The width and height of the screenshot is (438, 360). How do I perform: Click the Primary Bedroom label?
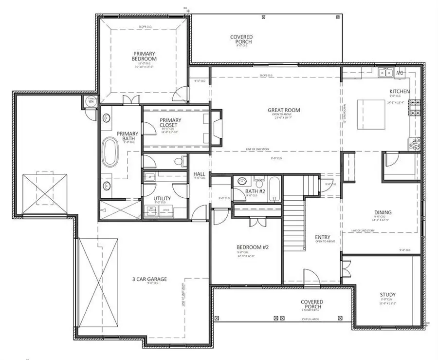(x=144, y=56)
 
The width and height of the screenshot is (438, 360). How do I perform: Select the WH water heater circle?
(x=91, y=101)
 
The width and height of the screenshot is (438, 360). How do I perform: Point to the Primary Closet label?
(x=170, y=123)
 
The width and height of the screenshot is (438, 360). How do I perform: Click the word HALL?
(x=199, y=173)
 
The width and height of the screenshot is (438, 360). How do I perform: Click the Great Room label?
(x=284, y=110)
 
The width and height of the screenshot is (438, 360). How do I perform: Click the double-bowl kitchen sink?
(x=386, y=73)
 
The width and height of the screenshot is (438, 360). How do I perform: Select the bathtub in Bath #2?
(x=274, y=190)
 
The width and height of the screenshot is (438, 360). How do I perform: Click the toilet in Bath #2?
(x=259, y=184)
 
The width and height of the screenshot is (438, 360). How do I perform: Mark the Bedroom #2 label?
(x=253, y=247)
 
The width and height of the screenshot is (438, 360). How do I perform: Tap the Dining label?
(x=383, y=212)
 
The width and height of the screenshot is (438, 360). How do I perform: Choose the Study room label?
(x=388, y=295)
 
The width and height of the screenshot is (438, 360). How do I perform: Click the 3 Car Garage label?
(x=149, y=279)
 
